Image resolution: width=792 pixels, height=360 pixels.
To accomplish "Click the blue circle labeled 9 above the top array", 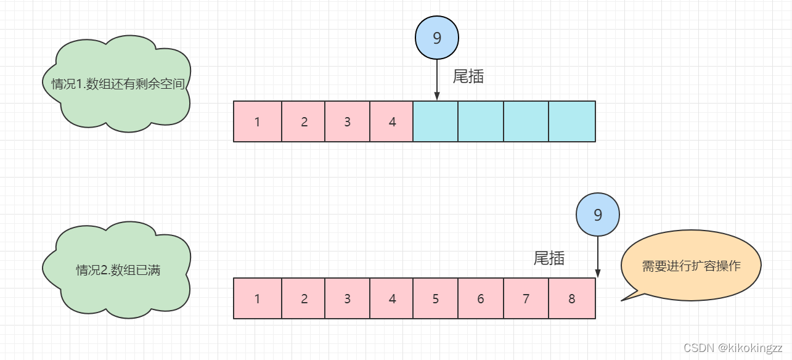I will point(437,38).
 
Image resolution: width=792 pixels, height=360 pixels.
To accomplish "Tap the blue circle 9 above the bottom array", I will point(597,215).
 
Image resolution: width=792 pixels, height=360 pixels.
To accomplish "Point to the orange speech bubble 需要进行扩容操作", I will point(691,266).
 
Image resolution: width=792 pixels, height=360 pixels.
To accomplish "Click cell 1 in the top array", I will point(258,121).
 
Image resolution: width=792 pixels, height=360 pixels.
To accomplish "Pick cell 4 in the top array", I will point(392,121).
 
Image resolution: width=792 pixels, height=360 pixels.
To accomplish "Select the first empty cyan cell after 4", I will point(436,121).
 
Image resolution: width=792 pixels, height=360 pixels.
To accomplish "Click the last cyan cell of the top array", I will point(572,121).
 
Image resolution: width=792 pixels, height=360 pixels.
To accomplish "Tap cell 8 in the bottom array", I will point(572,298).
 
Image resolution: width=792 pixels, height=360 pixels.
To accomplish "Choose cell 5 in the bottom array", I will point(436,298).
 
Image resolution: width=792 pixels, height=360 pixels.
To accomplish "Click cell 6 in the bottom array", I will point(481,298).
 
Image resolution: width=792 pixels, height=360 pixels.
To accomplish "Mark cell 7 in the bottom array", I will point(526,298).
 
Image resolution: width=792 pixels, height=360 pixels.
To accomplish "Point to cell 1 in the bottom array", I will point(258,298).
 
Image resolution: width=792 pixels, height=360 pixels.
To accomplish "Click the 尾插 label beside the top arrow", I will point(468,76).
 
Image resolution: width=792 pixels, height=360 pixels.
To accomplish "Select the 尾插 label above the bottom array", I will point(549,258).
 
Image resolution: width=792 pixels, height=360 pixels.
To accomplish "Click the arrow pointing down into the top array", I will point(437,80).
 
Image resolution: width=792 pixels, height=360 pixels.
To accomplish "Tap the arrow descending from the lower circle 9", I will point(597,256).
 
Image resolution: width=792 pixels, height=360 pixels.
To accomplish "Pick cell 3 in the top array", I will point(347,121).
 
